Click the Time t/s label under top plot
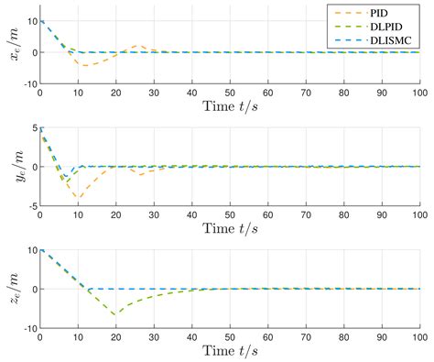[x=229, y=108]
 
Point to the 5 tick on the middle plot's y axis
[x=31, y=129]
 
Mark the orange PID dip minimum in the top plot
[x=85, y=66]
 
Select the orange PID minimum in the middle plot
[x=79, y=198]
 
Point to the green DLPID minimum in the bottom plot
[x=115, y=314]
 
